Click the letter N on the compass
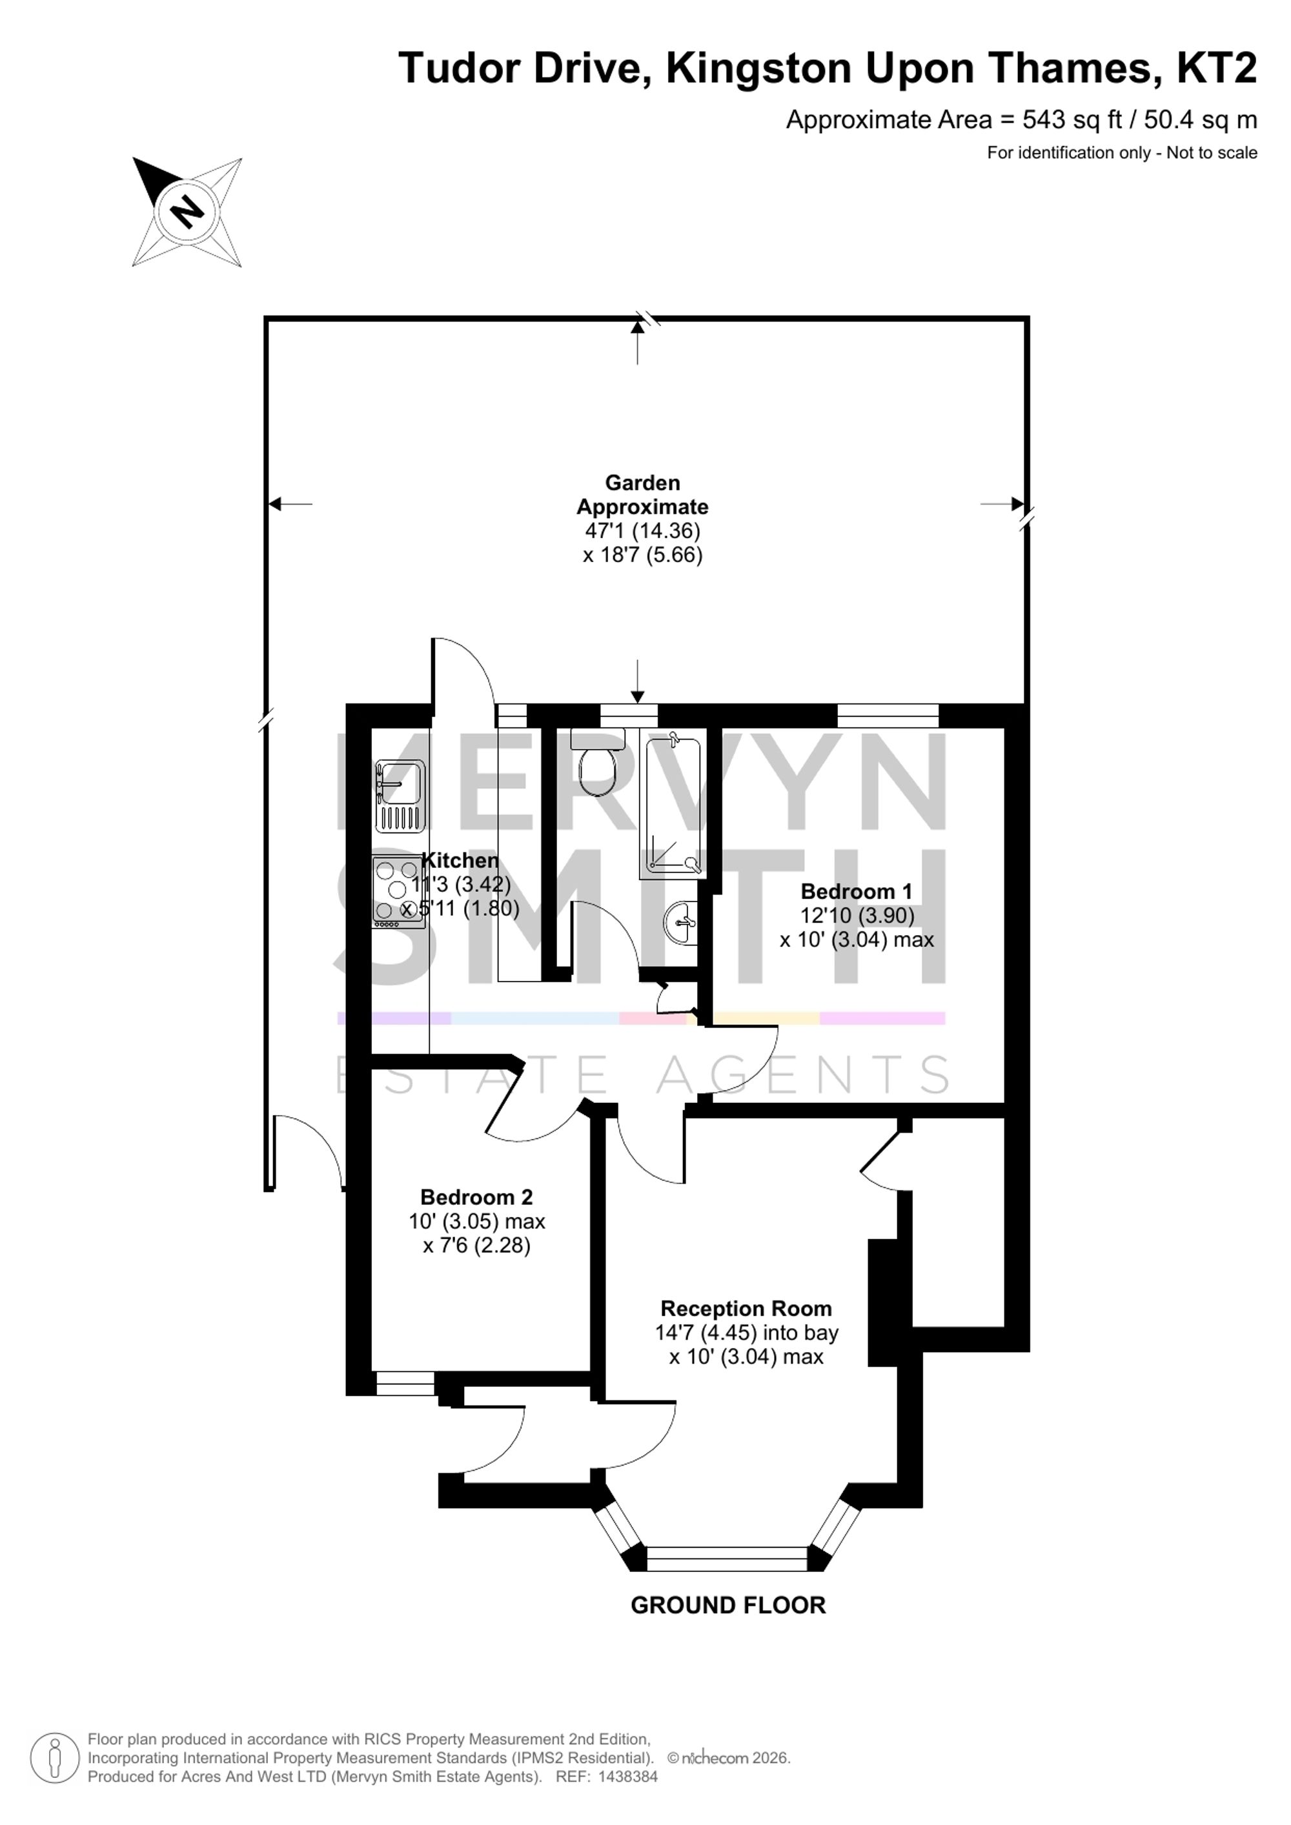click(188, 212)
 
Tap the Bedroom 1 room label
click(856, 891)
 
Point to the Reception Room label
click(746, 1308)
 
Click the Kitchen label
click(460, 860)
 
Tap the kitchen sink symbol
click(400, 795)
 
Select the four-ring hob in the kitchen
click(398, 892)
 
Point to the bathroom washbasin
click(680, 922)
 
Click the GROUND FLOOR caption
click(728, 1605)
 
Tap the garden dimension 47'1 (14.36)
click(642, 530)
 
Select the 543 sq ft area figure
click(1072, 120)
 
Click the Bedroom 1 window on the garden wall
click(888, 716)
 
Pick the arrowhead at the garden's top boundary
click(638, 325)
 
